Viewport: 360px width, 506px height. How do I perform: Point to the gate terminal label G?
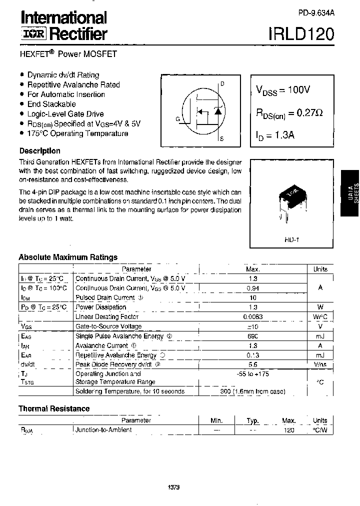click(177, 118)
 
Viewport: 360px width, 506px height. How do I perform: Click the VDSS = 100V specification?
click(283, 90)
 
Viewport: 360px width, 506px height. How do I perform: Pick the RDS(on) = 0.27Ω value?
click(289, 113)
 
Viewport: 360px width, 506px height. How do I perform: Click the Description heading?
click(39, 150)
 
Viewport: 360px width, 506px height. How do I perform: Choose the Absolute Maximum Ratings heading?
click(68, 257)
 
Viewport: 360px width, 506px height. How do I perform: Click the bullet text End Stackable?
click(51, 104)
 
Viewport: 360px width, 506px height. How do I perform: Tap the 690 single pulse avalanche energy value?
click(252, 336)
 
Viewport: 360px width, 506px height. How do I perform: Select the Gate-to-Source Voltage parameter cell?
click(108, 326)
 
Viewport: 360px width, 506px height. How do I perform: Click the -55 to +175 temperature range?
click(252, 373)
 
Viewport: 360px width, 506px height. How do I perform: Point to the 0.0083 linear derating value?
click(252, 316)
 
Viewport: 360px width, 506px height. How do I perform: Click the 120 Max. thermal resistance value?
click(288, 430)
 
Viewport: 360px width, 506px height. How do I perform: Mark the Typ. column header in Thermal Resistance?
click(253, 420)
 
